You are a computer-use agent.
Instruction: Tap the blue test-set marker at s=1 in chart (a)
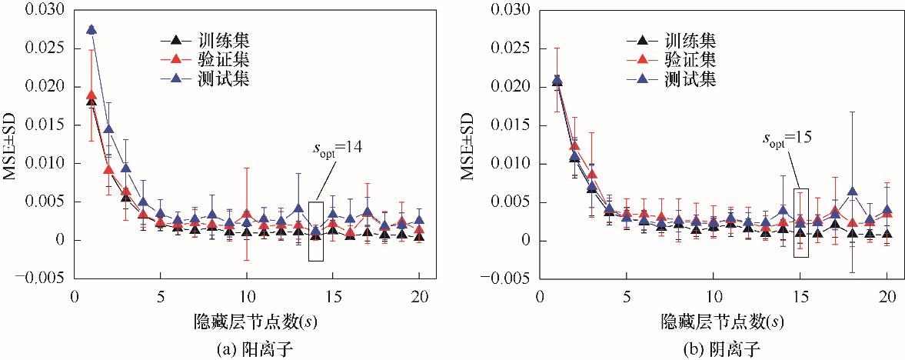[x=91, y=29]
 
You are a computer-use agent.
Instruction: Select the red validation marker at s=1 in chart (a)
[x=91, y=95]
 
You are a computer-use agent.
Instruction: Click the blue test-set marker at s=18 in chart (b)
[x=852, y=191]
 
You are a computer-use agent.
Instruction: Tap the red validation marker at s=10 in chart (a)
[x=247, y=214]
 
